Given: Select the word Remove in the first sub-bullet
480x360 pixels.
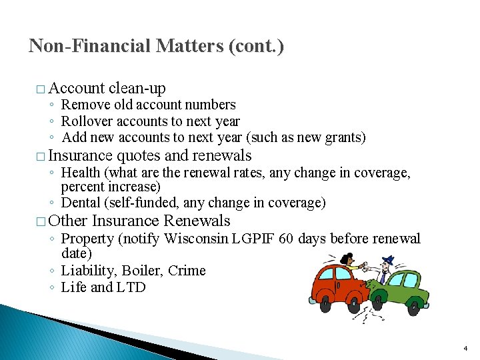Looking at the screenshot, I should [83, 105].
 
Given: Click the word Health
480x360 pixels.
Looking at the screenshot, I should [79, 173].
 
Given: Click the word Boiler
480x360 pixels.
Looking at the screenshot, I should [143, 271].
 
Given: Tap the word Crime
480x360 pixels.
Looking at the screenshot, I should [187, 271].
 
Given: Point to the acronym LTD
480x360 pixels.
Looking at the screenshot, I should [131, 288].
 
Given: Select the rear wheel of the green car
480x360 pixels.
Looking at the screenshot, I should [413, 308].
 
